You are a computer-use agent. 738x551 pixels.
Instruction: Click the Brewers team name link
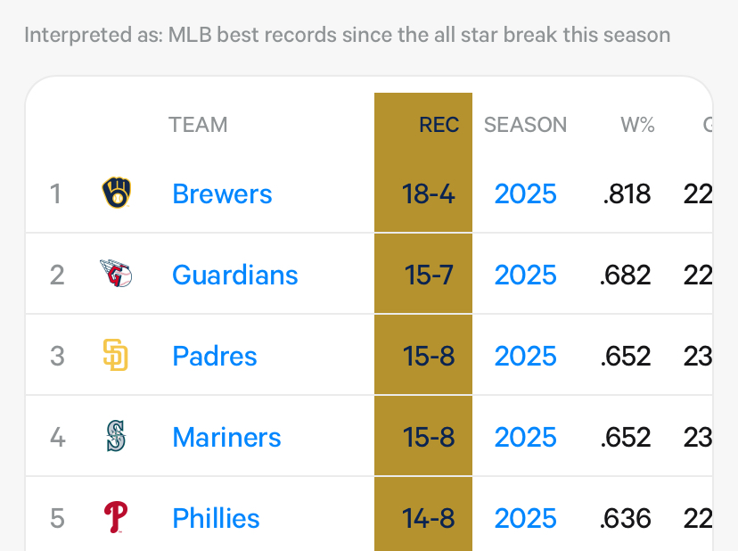point(222,193)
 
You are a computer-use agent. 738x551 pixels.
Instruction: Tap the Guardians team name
point(234,275)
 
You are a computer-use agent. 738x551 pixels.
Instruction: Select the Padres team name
point(214,356)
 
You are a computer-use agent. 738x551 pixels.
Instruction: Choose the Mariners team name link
point(226,437)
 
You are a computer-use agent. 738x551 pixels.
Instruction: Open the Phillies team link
point(216,518)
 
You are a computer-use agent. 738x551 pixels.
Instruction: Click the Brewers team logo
point(117,193)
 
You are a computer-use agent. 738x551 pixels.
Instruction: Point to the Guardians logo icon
point(117,275)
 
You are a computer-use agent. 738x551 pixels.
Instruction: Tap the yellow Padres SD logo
point(116,356)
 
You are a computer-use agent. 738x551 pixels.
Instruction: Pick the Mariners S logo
point(116,437)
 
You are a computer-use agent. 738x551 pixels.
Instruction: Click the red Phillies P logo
point(116,517)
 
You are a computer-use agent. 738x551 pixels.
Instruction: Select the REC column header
point(439,125)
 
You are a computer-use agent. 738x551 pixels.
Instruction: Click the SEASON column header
point(525,125)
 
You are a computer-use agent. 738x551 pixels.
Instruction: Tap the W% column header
point(637,125)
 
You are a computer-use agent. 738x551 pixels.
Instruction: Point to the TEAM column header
point(198,125)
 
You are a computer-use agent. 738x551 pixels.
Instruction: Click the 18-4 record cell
point(429,193)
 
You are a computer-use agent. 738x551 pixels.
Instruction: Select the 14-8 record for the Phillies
point(429,518)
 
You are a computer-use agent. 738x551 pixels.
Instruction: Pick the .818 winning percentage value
point(627,193)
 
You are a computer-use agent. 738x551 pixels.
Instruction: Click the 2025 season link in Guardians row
point(525,275)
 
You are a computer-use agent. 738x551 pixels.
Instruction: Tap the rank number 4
point(57,437)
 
